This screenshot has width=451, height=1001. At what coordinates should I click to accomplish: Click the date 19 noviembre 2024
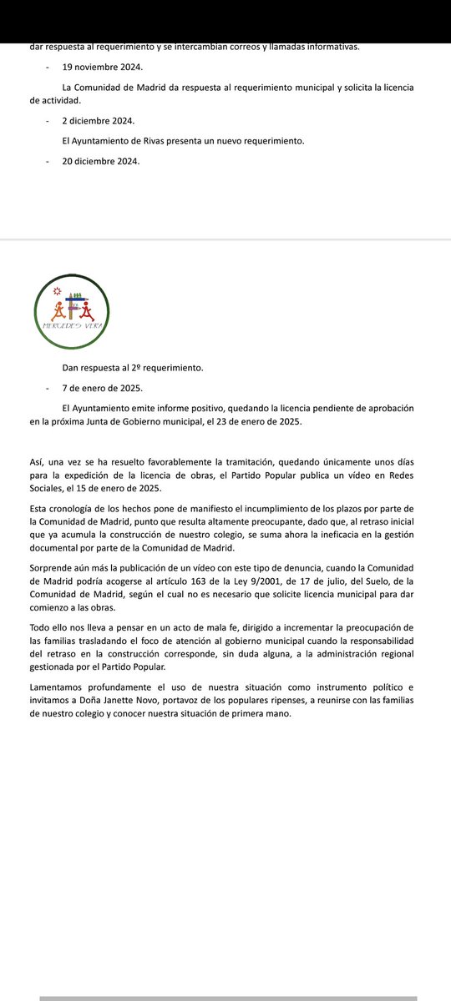coord(103,67)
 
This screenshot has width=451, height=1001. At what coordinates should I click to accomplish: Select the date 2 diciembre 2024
coord(99,120)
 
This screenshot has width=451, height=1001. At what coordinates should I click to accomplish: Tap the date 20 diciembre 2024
coord(101,161)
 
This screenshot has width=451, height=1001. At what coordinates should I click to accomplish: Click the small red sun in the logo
coord(58,290)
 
